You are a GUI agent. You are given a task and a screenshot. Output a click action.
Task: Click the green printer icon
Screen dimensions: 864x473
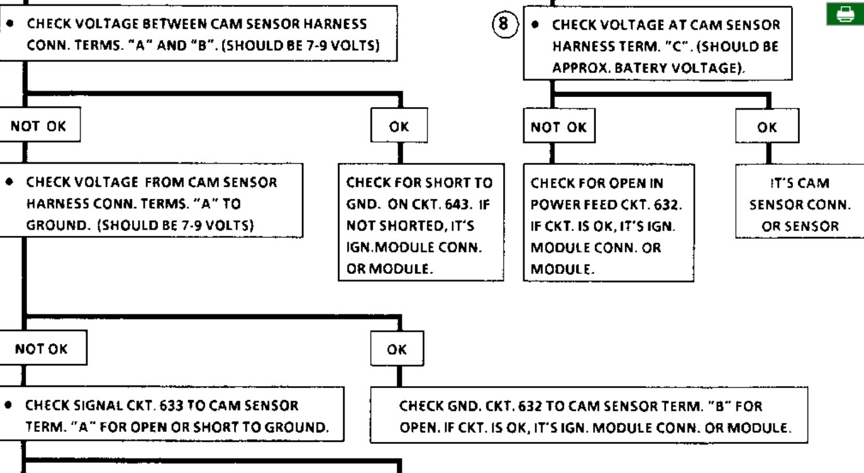[x=845, y=14]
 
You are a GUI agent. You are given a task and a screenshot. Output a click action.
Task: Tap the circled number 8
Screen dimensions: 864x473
[x=505, y=24]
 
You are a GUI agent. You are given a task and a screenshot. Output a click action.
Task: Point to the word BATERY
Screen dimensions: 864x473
[x=640, y=68]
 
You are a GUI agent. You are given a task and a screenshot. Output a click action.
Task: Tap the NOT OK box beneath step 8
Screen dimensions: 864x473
[x=559, y=126]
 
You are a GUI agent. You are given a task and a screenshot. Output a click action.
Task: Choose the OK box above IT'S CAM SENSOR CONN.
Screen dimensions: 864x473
[x=767, y=126]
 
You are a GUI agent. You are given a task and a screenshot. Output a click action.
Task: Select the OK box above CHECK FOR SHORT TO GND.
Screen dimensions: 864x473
[x=399, y=126]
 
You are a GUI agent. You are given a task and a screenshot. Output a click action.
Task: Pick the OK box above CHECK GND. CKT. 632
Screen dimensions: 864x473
[x=397, y=349]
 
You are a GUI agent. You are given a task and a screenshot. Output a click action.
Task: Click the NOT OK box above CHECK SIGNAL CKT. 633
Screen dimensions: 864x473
[x=42, y=347]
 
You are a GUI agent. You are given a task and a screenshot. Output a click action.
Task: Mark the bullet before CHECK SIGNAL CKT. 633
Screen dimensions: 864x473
[x=8, y=405]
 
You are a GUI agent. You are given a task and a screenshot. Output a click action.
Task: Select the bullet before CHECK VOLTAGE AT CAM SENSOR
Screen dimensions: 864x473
[x=535, y=24]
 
